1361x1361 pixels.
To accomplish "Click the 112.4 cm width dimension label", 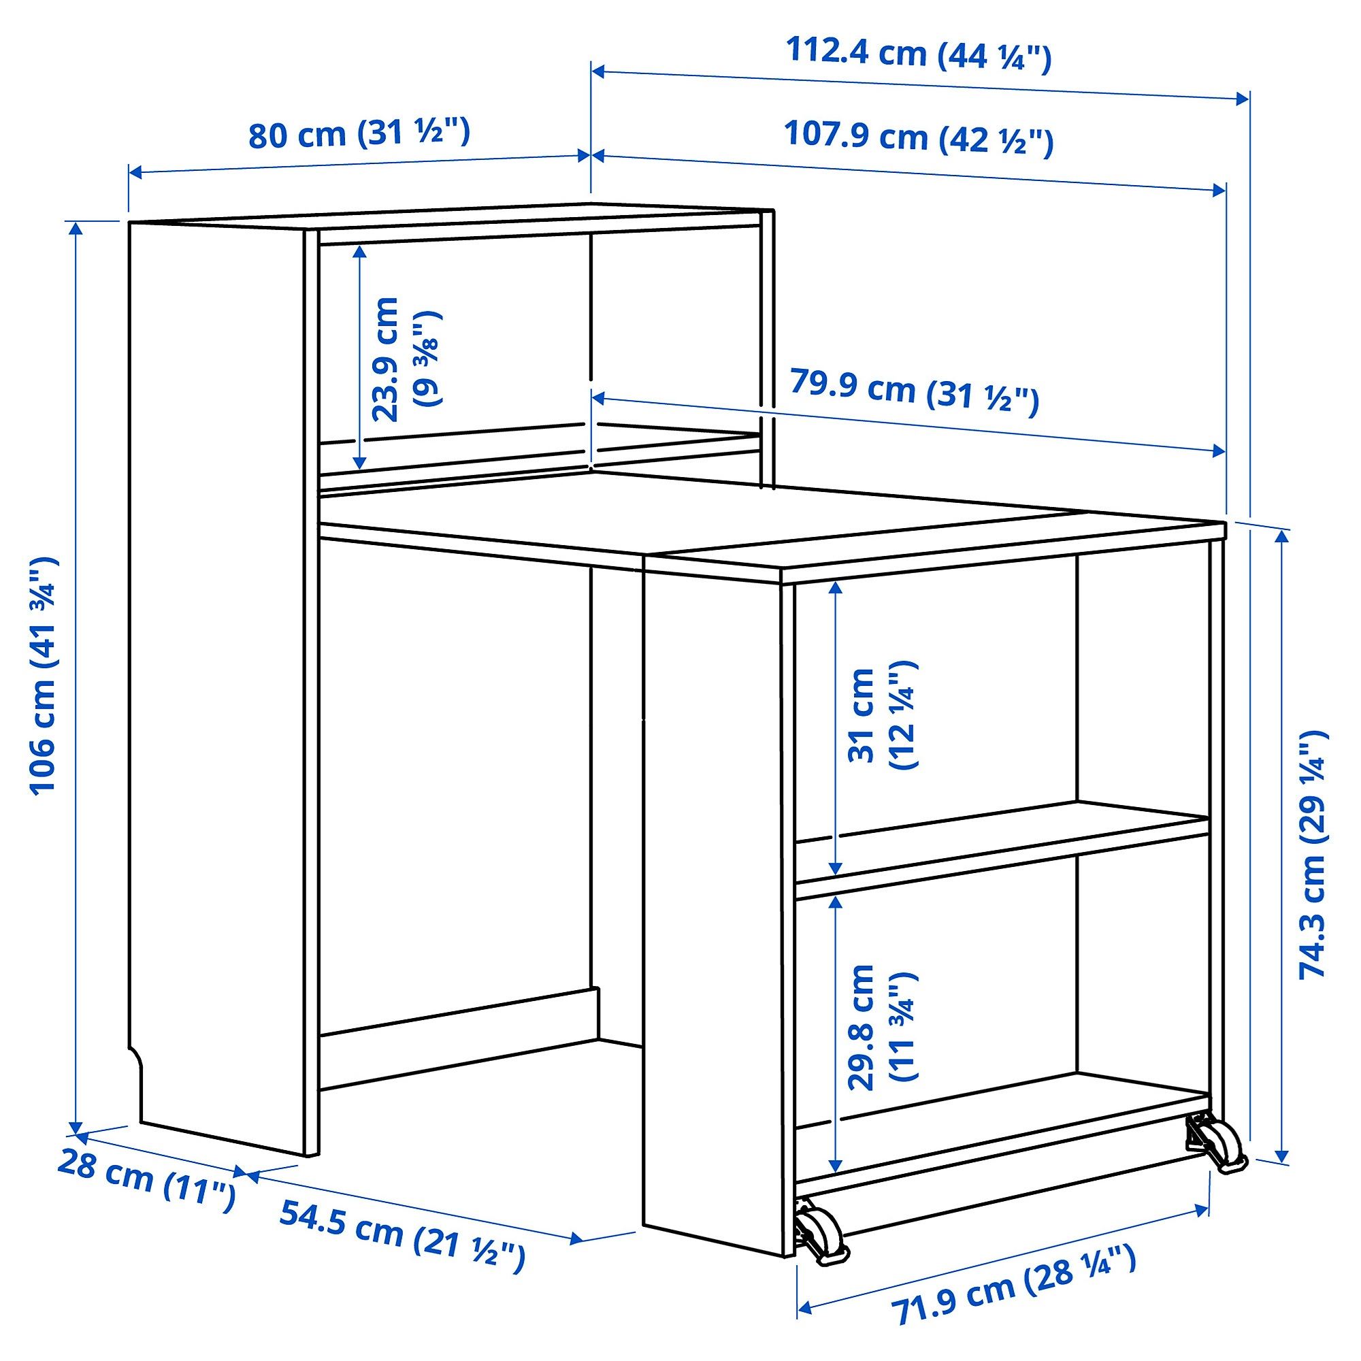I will coord(918,54).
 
